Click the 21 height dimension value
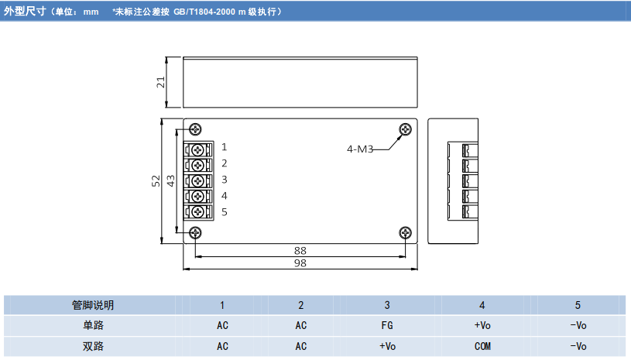click(x=161, y=82)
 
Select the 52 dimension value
click(x=156, y=181)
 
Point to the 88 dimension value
click(x=300, y=250)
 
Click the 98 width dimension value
click(x=300, y=263)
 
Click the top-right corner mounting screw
click(x=404, y=129)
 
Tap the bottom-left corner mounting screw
click(x=196, y=232)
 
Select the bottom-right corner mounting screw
click(x=404, y=232)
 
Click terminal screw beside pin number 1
click(x=198, y=148)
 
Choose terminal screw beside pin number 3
click(x=198, y=180)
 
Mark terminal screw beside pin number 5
click(x=198, y=212)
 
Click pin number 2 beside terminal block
click(x=224, y=163)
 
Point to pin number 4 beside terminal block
click(x=224, y=196)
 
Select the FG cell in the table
click(x=387, y=326)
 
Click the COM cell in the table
click(x=482, y=346)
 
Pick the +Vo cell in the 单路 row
click(x=482, y=326)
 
